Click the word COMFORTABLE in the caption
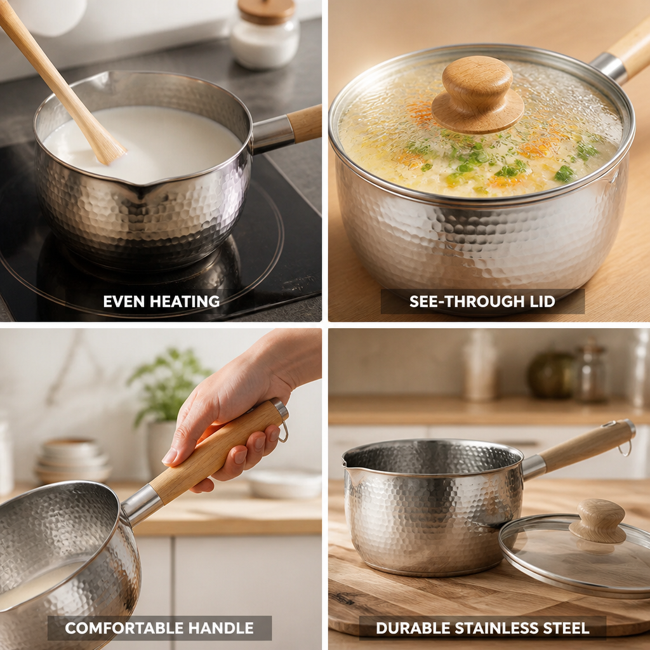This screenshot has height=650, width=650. [x=124, y=628]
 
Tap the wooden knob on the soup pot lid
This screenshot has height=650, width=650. [x=477, y=95]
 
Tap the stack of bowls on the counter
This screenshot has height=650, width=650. [x=72, y=460]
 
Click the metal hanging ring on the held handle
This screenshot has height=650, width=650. [x=284, y=431]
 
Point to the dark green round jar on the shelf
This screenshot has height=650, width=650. [x=552, y=375]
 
